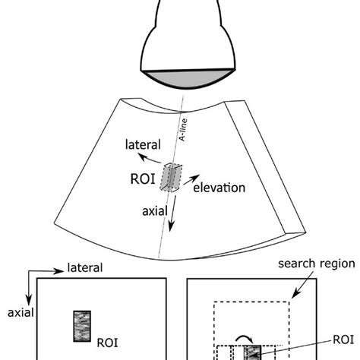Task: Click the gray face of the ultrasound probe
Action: click(188, 78)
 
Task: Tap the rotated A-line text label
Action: click(183, 130)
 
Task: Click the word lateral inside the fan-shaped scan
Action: click(143, 145)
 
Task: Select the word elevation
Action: click(219, 188)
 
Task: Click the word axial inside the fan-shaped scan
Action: click(155, 211)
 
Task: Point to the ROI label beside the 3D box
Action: click(143, 179)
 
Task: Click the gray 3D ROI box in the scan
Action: click(171, 178)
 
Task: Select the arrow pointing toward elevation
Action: click(191, 179)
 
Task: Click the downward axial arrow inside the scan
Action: click(172, 213)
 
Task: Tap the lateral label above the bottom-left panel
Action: click(85, 268)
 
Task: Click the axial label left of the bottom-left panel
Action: click(21, 313)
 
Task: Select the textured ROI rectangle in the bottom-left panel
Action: click(82, 327)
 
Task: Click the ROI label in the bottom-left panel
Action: click(108, 343)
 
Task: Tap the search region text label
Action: click(317, 264)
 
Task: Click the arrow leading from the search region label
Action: click(303, 285)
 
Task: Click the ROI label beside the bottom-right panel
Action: click(343, 339)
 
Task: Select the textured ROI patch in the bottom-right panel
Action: click(252, 352)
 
